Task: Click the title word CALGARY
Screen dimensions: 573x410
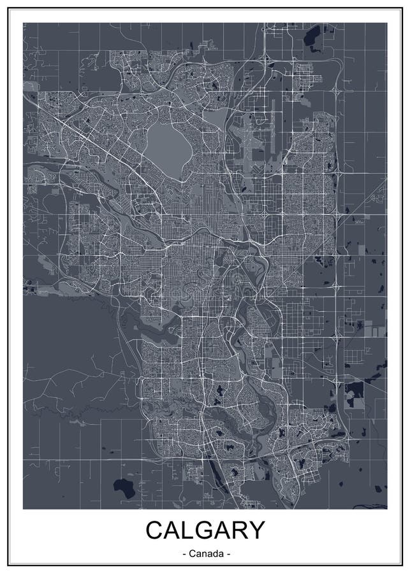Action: [x=205, y=530]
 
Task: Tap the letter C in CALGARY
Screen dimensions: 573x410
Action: [x=156, y=530]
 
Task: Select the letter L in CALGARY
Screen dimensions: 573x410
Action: [x=189, y=530]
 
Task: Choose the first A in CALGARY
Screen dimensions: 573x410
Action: [x=173, y=530]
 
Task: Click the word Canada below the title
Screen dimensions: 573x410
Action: [x=205, y=555]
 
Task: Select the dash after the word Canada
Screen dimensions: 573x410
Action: [x=227, y=555]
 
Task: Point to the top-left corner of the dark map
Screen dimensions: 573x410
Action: [x=24, y=23]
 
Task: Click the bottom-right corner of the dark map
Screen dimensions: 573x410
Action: [x=387, y=509]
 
